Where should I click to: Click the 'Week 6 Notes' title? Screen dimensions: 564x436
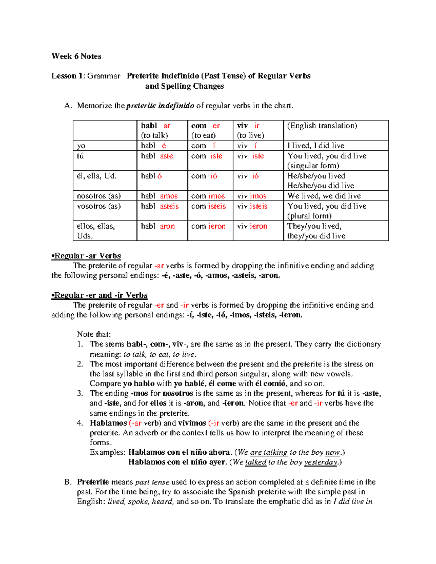pyautogui.click(x=76, y=56)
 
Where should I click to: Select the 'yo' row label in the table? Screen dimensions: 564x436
pyautogui.click(x=81, y=146)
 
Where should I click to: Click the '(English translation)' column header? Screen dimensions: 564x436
pyautogui.click(x=322, y=126)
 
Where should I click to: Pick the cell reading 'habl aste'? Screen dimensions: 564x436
pyautogui.click(x=157, y=156)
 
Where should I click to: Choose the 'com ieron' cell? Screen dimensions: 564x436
pyautogui.click(x=208, y=226)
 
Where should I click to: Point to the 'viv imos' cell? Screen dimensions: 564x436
pyautogui.click(x=252, y=196)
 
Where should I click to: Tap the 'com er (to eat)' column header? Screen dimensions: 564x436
pyautogui.click(x=206, y=130)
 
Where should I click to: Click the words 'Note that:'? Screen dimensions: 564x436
pyautogui.click(x=94, y=334)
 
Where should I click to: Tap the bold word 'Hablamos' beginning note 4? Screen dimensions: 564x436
pyautogui.click(x=108, y=423)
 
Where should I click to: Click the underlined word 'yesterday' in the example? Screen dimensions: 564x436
pyautogui.click(x=321, y=462)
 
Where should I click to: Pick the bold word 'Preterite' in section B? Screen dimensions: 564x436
pyautogui.click(x=93, y=482)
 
